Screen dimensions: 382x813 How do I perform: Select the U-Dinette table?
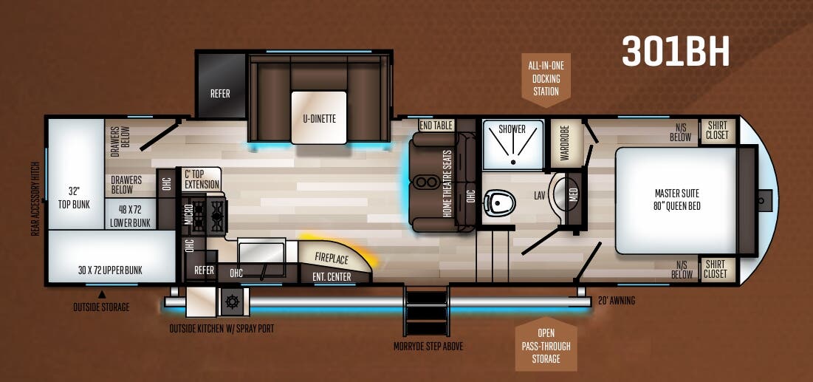318,117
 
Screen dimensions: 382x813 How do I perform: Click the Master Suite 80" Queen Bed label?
676,199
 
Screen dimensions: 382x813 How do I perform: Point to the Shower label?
512,129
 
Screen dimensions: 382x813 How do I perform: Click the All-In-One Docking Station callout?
546,78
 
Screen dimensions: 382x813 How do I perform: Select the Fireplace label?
332,258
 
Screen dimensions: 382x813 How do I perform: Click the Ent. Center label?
332,277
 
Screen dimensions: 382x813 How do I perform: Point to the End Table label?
436,126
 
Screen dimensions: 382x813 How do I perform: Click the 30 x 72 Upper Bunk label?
110,270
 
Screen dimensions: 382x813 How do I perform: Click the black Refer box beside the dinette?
220,94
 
